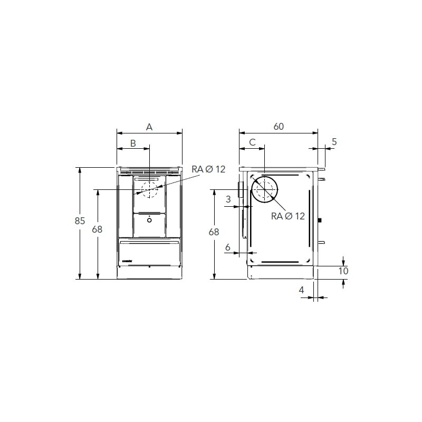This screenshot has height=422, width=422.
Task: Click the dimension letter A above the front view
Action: point(149,127)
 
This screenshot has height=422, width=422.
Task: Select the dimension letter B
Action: point(133,143)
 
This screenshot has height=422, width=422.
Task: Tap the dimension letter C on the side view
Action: point(252,142)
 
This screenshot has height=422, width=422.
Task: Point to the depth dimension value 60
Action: point(279,127)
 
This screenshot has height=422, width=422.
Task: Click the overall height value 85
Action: point(79,222)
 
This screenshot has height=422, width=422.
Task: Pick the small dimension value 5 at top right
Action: point(334,142)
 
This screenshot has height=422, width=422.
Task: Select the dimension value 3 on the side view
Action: point(228,199)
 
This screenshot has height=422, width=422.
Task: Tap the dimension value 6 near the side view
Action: point(227,247)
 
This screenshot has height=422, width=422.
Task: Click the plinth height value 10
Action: point(343,271)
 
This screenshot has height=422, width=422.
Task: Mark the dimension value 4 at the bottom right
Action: point(302,290)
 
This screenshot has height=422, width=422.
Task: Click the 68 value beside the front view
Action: point(97,229)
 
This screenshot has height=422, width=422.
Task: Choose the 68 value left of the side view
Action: point(214,232)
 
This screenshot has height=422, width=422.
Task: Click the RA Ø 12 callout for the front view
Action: point(208,169)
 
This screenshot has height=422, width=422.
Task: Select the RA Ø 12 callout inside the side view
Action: point(288,216)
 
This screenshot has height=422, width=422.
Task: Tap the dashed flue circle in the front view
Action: point(149,189)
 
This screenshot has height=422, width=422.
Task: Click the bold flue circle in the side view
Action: point(264,190)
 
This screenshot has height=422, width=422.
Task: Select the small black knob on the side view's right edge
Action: point(320,220)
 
